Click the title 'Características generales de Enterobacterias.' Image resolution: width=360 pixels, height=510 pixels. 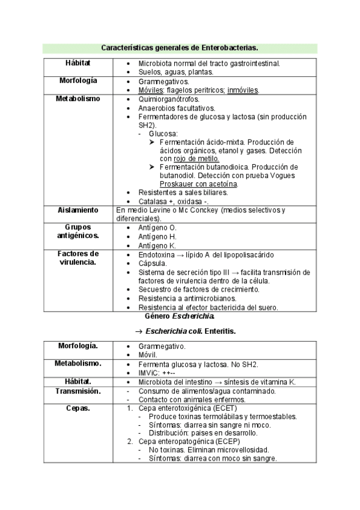pos(180,47)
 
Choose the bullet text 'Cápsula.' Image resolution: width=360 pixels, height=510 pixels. pos(153,263)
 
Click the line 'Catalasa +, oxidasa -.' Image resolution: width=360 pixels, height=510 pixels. pos(173,201)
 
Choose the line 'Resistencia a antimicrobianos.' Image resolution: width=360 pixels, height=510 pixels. pos(187,298)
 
